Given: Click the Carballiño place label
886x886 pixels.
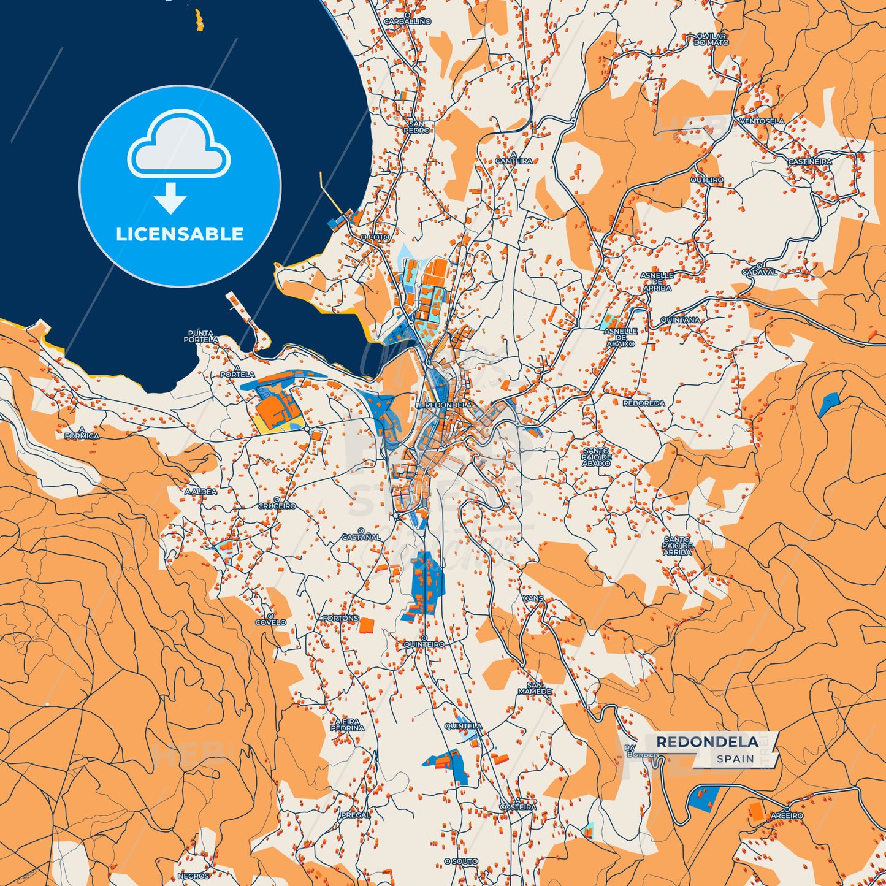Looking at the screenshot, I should pos(407,21).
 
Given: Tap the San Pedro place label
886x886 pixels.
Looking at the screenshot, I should pos(416,127).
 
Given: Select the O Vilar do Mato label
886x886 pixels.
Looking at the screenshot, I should pos(711,40).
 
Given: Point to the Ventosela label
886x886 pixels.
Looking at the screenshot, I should pos(762,121).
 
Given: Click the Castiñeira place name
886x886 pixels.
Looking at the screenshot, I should pos(810,162).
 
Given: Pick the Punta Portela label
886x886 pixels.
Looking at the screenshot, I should pos(202,336).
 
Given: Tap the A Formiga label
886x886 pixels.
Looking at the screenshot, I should pos(82,433).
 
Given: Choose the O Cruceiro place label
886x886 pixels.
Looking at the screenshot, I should pos(277,503).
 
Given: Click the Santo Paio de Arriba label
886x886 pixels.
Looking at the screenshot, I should pos(677,546).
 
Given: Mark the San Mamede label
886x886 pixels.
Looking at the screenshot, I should pos(535,689).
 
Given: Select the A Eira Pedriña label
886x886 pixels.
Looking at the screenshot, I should pos(347,725).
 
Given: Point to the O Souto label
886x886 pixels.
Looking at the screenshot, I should pos(461,861).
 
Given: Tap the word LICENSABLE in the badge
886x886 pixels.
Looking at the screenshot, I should pos(180,234).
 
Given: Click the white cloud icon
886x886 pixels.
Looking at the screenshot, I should pos(178,145).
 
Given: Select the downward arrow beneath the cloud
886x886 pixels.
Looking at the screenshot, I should pos(170,198).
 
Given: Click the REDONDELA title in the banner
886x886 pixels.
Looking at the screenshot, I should pos(707,742).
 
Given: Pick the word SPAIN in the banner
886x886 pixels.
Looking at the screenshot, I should pos(735,759).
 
